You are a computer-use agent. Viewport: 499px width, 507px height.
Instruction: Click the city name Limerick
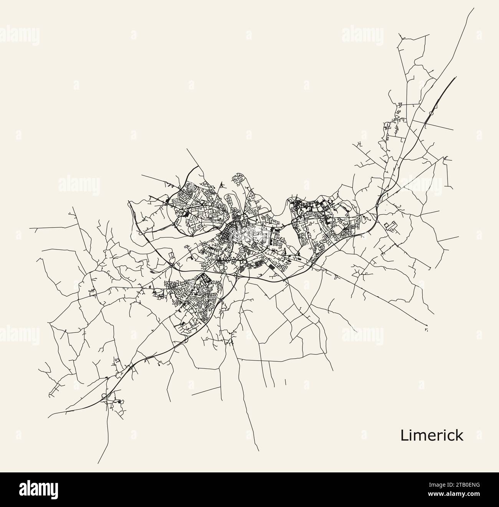[431, 435]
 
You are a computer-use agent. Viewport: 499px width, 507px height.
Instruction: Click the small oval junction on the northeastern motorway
[431, 113]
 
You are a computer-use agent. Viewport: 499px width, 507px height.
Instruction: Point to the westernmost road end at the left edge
[30, 228]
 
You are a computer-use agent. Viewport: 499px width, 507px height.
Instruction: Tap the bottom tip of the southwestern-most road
[98, 463]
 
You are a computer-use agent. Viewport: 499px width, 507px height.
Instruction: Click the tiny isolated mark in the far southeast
[426, 329]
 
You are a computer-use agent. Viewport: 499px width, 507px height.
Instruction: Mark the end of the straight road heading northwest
[187, 148]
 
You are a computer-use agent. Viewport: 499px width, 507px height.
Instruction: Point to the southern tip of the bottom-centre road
[260, 450]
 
